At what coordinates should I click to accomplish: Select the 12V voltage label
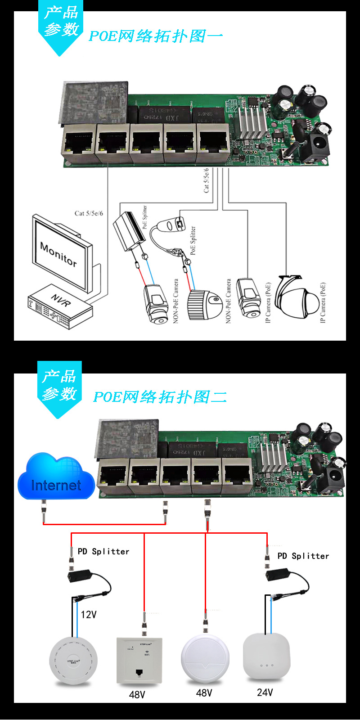89,615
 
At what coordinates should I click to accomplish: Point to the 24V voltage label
265,693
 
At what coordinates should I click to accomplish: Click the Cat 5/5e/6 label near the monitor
89,213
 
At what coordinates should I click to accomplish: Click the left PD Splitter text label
103,552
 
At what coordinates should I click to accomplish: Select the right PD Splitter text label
303,556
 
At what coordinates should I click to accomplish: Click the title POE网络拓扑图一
156,36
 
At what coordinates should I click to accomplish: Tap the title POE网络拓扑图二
160,397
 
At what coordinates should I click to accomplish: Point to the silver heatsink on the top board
252,121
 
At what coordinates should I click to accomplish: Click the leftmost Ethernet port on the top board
78,143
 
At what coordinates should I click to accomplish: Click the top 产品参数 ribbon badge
61,22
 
